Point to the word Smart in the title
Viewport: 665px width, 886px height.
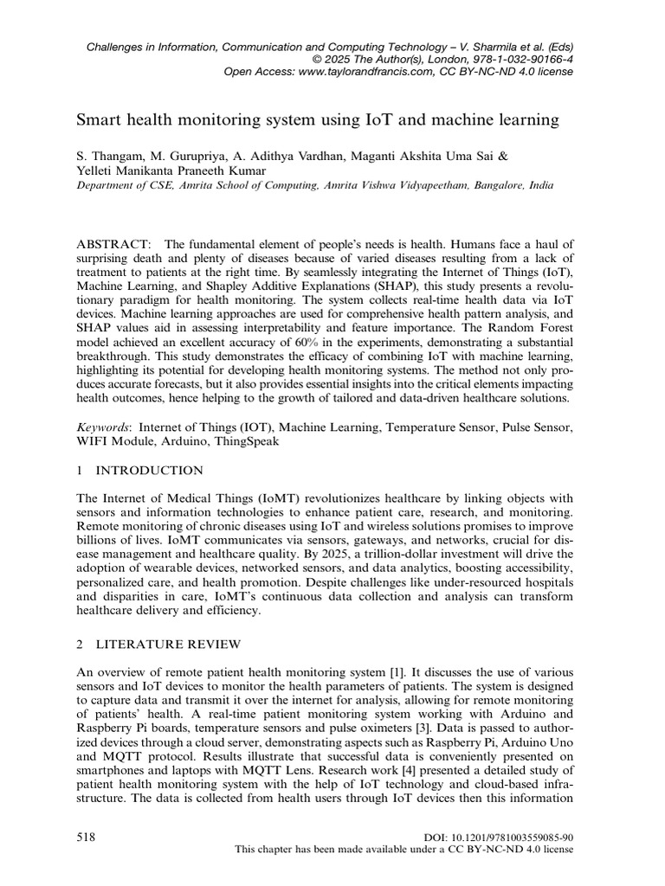pyautogui.click(x=100, y=118)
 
